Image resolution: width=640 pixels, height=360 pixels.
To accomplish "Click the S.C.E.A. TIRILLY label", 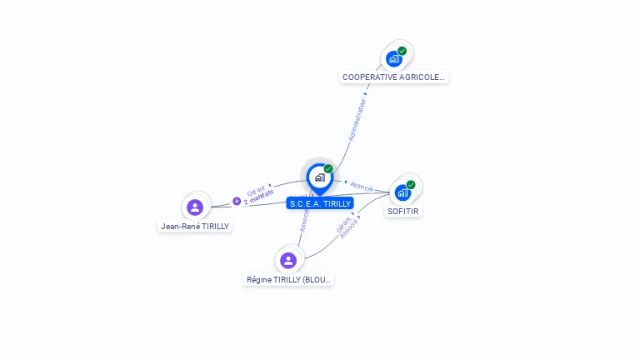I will pyautogui.click(x=320, y=203).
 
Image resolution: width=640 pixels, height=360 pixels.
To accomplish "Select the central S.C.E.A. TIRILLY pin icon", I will pyautogui.click(x=319, y=177).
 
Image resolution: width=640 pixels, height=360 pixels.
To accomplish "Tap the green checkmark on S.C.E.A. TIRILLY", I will pyautogui.click(x=328, y=169).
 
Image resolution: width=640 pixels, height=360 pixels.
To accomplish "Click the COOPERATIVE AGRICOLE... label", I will pyautogui.click(x=394, y=77).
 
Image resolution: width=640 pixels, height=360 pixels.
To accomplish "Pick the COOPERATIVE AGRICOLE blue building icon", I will pyautogui.click(x=394, y=59).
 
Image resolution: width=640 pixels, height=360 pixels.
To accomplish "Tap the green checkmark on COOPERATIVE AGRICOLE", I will pyautogui.click(x=402, y=51).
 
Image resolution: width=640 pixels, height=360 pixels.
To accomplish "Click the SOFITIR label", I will pyautogui.click(x=403, y=212).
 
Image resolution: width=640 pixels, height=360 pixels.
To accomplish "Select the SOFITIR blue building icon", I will pyautogui.click(x=402, y=192).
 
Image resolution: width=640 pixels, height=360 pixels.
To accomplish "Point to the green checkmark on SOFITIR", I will pyautogui.click(x=411, y=184).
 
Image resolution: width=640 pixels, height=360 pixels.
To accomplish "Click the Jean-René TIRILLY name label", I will pyautogui.click(x=195, y=226).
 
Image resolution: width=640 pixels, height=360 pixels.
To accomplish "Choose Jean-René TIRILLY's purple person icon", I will pyautogui.click(x=195, y=207).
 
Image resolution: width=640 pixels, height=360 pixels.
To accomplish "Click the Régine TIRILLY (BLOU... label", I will pyautogui.click(x=288, y=280).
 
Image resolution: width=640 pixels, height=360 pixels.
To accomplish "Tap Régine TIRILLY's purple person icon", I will pyautogui.click(x=288, y=261).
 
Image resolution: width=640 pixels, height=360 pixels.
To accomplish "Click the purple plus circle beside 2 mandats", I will pyautogui.click(x=237, y=201).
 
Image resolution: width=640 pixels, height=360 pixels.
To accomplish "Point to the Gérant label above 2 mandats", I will pyautogui.click(x=256, y=189).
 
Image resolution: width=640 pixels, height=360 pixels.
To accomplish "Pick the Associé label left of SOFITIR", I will pyautogui.click(x=362, y=186).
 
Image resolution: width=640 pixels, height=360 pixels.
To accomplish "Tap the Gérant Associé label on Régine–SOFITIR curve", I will pyautogui.click(x=347, y=225).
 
